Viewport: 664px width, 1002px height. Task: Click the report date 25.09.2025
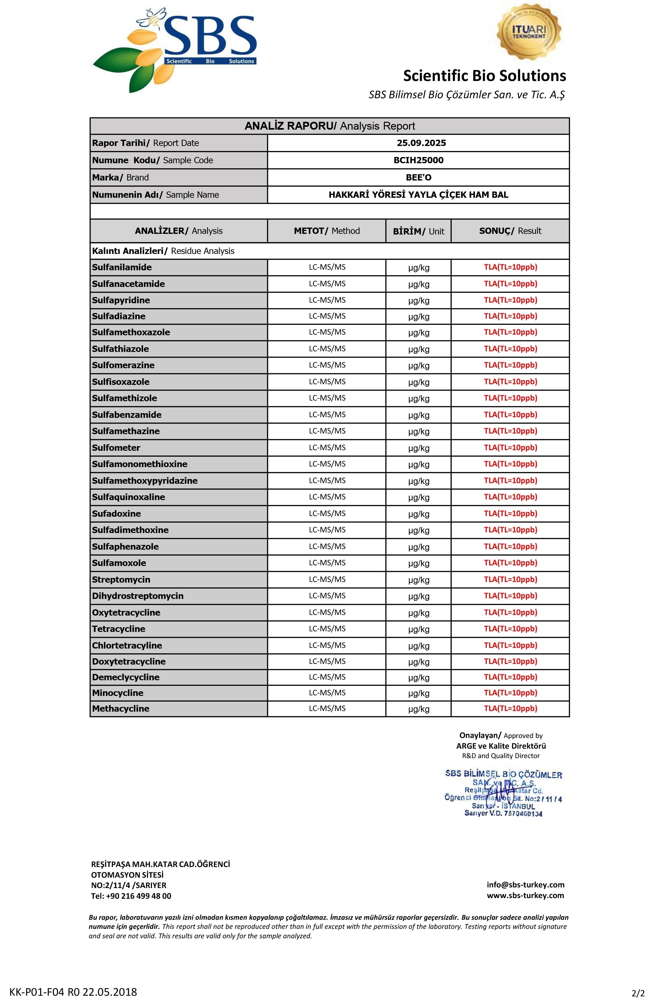[x=421, y=143]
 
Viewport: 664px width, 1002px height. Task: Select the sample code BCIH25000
[x=418, y=160]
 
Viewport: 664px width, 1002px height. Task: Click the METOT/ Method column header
[x=327, y=231]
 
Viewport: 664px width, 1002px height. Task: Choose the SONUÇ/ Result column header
[x=510, y=231]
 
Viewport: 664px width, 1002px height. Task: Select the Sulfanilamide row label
[x=122, y=267]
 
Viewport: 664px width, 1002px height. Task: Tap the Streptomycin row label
[x=121, y=579]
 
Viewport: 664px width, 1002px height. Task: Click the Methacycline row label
[x=121, y=709]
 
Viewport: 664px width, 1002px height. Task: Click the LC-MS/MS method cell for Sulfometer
[x=327, y=448]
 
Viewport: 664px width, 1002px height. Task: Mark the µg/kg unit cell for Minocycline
[x=418, y=693]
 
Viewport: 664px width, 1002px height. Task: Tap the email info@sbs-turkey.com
[x=525, y=885]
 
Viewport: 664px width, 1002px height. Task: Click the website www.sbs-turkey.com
[x=525, y=895]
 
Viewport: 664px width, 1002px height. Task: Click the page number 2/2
[x=638, y=993]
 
